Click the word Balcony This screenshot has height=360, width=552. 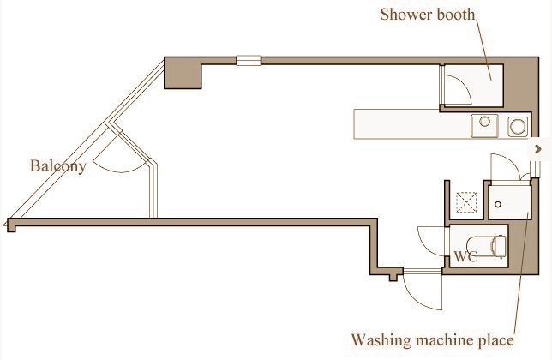[57, 166]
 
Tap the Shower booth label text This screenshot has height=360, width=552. [428, 15]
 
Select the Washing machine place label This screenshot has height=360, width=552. [432, 340]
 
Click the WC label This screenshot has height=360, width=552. [465, 256]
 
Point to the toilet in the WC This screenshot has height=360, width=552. [487, 246]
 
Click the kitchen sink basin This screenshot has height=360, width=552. [485, 125]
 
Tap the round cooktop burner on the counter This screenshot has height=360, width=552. [518, 127]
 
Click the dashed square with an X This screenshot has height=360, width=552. [466, 202]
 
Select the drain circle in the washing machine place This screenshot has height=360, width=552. [498, 204]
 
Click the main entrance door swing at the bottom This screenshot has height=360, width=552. [423, 291]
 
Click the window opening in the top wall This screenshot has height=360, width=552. [249, 61]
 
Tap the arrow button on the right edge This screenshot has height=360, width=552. [538, 149]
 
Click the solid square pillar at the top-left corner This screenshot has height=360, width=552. [183, 73]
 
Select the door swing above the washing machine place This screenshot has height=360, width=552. [506, 167]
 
